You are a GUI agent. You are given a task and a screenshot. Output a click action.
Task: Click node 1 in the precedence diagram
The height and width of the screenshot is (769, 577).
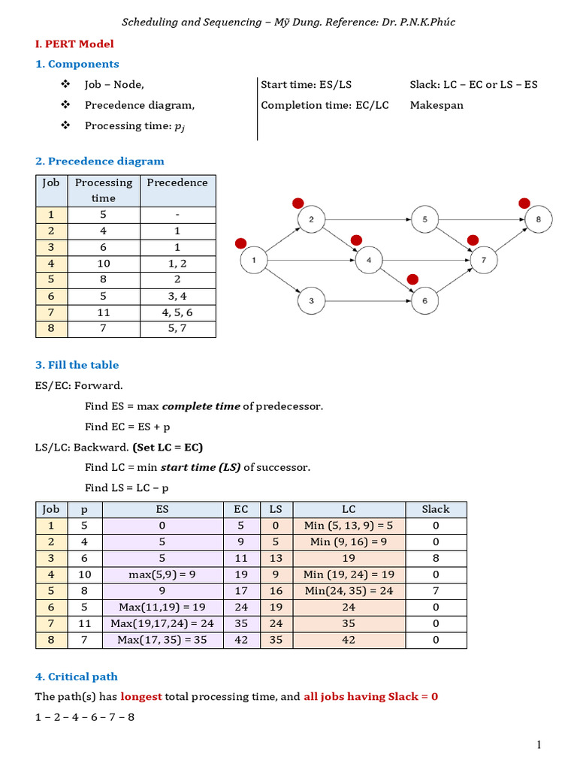click(254, 261)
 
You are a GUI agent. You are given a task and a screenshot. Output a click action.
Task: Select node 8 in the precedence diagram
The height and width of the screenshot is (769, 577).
click(538, 220)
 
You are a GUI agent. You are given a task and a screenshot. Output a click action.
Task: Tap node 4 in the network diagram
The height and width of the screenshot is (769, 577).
click(369, 261)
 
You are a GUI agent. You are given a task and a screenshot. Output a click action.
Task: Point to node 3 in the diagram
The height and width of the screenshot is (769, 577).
click(310, 301)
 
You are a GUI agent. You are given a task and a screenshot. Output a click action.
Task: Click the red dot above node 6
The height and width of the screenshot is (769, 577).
click(412, 279)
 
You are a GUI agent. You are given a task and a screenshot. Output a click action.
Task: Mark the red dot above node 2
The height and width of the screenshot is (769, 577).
click(298, 203)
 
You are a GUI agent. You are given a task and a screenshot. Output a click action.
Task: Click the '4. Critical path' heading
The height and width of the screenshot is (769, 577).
click(77, 677)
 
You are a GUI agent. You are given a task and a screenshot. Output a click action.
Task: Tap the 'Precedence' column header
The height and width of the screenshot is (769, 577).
click(177, 182)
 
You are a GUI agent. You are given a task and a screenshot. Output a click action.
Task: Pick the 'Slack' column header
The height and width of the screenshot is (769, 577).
click(436, 509)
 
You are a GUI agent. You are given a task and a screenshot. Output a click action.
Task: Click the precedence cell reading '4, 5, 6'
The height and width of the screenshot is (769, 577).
click(177, 312)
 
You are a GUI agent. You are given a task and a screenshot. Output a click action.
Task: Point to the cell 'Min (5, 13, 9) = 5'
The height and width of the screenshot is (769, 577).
click(349, 526)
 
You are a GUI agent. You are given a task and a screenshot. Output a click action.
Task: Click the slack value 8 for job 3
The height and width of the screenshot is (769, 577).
click(436, 558)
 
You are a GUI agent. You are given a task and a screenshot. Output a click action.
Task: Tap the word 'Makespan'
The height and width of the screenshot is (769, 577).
click(437, 105)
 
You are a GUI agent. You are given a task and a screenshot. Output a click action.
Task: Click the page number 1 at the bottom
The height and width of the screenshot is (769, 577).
click(539, 744)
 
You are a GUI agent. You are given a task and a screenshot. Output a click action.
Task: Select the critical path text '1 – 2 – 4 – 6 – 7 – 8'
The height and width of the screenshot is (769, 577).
click(85, 716)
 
